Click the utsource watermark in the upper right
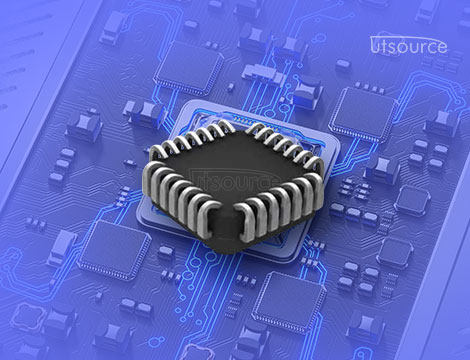coord(409,45)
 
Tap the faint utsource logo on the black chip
coord(234,180)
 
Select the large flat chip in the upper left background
coord(189,68)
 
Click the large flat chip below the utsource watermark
coord(363,114)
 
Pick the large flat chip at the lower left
coord(114,250)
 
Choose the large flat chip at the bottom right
coord(289,302)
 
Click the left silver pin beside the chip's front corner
coord(208,220)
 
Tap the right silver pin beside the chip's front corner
coord(245,222)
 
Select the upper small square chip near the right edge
coord(412,200)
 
